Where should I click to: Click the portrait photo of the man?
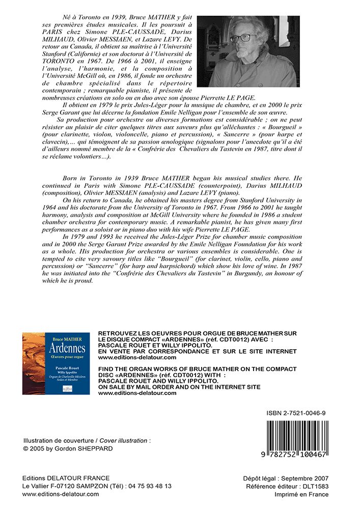coord(246,51)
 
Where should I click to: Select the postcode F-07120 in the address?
coord(64,486)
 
